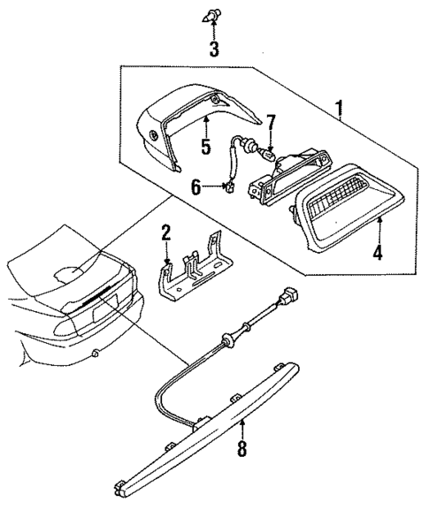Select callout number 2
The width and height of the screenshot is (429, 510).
click(x=165, y=234)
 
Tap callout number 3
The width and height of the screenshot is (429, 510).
click(x=213, y=49)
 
